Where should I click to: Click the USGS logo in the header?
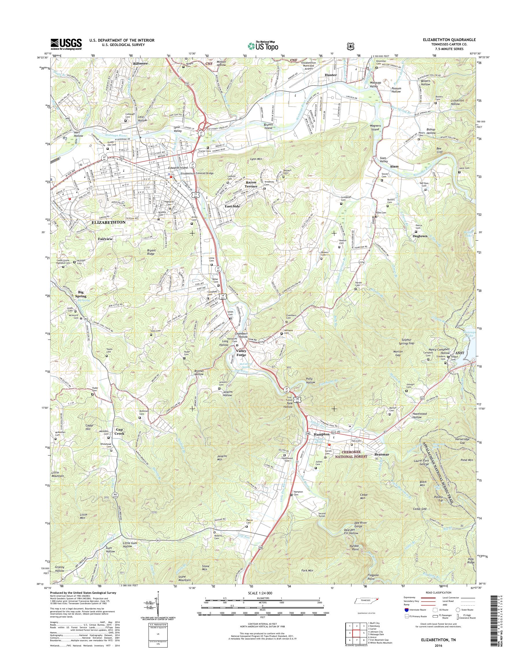click(66, 44)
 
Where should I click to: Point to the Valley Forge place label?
click(241, 353)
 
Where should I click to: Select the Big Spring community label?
click(81, 294)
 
